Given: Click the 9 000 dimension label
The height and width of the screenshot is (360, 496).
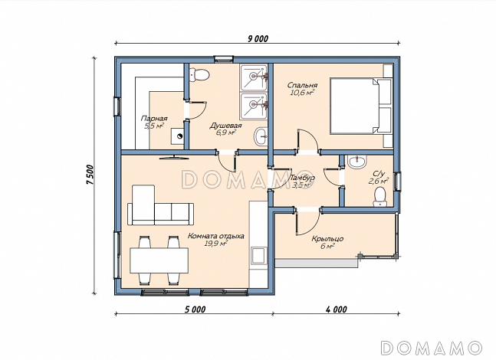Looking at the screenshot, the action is (x=258, y=38).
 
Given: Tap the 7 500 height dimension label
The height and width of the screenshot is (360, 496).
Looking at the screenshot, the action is (x=90, y=175).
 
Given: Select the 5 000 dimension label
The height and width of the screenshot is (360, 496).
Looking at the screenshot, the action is (x=195, y=309).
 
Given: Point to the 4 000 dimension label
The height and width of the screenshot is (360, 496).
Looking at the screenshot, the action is (x=337, y=309).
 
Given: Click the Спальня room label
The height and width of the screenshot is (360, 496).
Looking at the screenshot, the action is (x=302, y=85).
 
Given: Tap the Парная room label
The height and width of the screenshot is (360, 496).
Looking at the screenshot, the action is (x=154, y=119).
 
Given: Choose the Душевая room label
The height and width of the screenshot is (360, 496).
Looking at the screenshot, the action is (x=225, y=126).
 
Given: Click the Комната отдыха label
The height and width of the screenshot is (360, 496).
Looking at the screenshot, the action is (x=216, y=236).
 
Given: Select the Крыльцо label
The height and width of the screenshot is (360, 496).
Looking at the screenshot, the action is (x=327, y=239).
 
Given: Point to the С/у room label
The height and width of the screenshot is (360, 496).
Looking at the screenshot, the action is (x=379, y=174).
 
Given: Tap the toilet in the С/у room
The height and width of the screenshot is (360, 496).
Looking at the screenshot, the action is (x=379, y=196).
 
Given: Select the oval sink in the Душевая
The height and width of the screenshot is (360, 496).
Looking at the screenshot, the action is (x=261, y=137).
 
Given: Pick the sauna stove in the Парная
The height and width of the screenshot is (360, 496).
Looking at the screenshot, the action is (x=177, y=136).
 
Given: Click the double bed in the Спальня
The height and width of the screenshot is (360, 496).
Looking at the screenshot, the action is (x=360, y=106).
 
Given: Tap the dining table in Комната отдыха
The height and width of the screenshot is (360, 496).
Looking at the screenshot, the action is (x=159, y=260).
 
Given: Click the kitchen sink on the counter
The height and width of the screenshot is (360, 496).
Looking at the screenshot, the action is (x=258, y=256).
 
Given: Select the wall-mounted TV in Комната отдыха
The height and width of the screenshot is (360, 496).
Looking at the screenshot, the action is (x=174, y=157).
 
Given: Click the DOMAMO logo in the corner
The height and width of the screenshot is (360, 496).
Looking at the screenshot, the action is (x=432, y=348).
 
